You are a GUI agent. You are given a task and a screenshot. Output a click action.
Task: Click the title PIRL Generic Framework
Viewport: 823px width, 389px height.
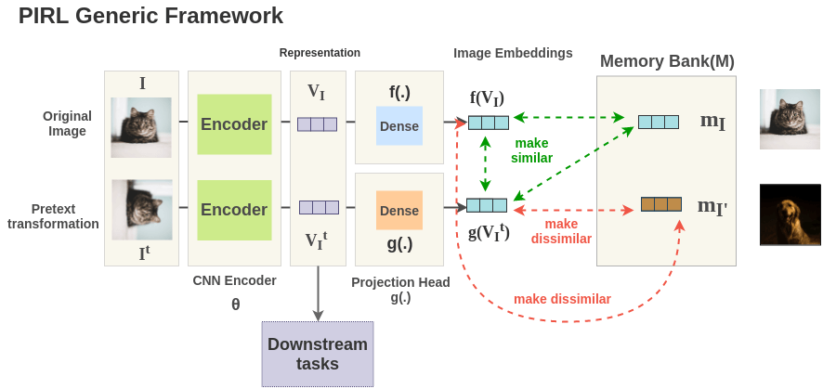pyautogui.click(x=150, y=16)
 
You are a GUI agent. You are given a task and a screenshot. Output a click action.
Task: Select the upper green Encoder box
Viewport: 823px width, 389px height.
pyautogui.click(x=234, y=124)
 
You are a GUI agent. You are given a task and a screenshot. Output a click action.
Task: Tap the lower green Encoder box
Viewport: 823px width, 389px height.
pyautogui.click(x=234, y=210)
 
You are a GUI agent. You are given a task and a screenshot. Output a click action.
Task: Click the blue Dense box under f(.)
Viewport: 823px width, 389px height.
pyautogui.click(x=399, y=126)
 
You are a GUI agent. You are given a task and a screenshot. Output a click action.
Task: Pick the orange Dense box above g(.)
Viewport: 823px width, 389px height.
pyautogui.click(x=399, y=211)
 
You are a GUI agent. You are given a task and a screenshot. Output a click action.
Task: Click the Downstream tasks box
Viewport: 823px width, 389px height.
pyautogui.click(x=318, y=354)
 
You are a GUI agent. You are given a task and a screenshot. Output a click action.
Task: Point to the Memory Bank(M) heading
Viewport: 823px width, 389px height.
pyautogui.click(x=667, y=62)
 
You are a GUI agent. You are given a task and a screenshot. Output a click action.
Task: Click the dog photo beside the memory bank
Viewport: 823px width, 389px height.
pyautogui.click(x=790, y=214)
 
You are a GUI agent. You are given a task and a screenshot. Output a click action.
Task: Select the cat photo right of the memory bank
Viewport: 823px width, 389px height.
pyautogui.click(x=790, y=119)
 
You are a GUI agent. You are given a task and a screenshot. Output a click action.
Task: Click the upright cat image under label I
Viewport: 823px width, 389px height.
pyautogui.click(x=141, y=127)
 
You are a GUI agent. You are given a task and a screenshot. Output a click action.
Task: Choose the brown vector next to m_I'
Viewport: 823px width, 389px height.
pyautogui.click(x=661, y=204)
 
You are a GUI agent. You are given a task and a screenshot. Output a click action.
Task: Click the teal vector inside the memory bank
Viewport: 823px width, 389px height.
pyautogui.click(x=658, y=122)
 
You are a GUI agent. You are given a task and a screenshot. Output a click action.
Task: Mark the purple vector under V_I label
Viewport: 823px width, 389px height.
pyautogui.click(x=317, y=123)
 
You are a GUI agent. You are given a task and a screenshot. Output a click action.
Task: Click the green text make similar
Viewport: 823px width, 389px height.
pyautogui.click(x=531, y=150)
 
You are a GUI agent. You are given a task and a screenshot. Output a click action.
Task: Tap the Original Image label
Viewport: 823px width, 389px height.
pyautogui.click(x=67, y=123)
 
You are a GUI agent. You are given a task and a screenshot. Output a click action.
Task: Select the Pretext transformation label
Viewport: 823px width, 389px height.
pyautogui.click(x=53, y=216)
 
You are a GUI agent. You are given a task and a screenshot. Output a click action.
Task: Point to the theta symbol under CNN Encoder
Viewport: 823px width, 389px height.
pyautogui.click(x=235, y=304)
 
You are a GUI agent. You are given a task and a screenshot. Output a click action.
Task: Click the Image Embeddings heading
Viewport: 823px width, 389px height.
pyautogui.click(x=513, y=53)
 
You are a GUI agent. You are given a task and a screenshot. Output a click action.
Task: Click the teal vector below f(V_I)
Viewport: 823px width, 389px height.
pyautogui.click(x=489, y=123)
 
